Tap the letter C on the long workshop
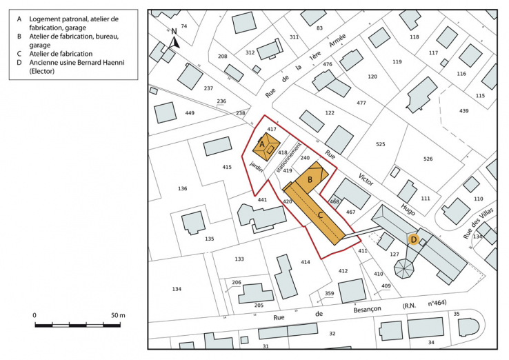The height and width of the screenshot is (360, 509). click(x=321, y=215)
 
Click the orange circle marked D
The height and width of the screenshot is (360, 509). click(x=414, y=239)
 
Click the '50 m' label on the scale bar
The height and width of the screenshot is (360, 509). click(x=118, y=315)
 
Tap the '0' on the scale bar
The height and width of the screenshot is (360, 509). click(x=34, y=315)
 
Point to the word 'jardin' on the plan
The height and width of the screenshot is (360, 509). click(x=257, y=169)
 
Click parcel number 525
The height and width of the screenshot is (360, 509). click(x=380, y=144)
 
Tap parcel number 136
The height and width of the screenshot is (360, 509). click(x=182, y=188)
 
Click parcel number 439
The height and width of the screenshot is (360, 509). click(x=464, y=110)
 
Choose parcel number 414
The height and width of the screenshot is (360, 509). click(x=306, y=262)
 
